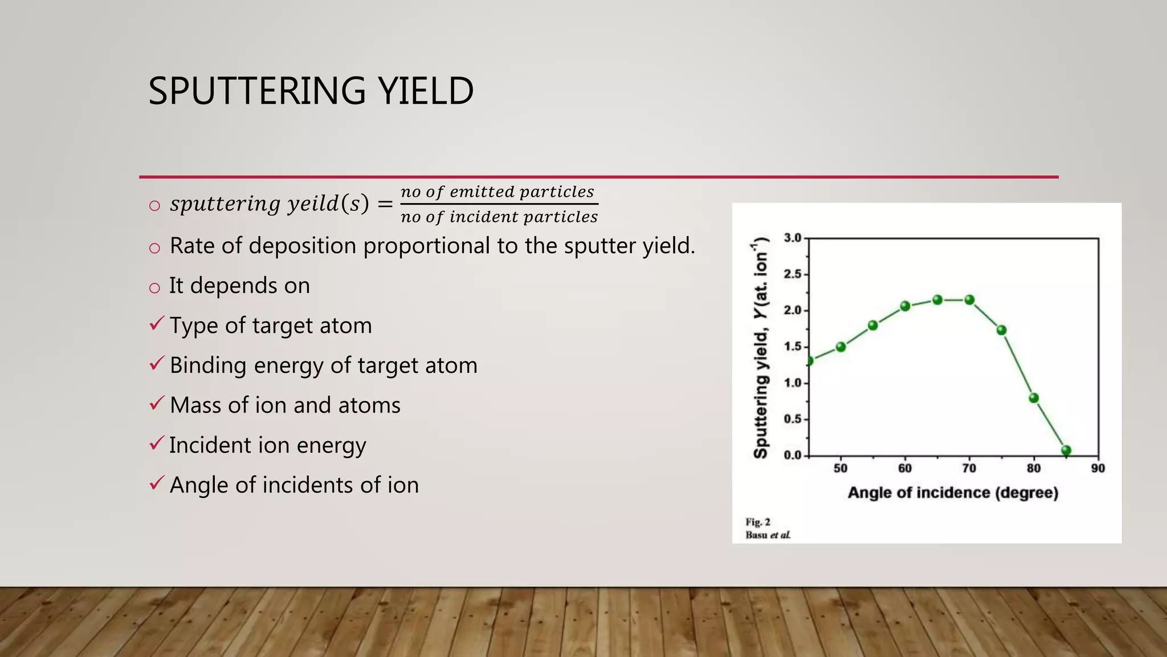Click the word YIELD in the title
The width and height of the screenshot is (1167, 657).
coord(426,91)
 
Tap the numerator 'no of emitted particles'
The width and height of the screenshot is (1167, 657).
coord(497,192)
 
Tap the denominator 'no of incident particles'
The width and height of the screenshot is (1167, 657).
coord(499,217)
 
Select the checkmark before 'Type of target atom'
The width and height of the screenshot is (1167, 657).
coord(157,324)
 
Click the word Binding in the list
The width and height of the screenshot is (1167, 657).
coord(208,366)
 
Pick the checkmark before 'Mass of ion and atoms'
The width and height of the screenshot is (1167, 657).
coord(157,404)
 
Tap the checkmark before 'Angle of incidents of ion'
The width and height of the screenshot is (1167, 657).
coord(157,484)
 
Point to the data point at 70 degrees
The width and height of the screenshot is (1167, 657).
coord(969,300)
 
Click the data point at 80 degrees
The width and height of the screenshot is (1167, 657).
coord(1034,398)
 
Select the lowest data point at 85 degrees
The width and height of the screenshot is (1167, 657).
coord(1066,450)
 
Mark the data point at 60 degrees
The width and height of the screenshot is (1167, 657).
coord(905,306)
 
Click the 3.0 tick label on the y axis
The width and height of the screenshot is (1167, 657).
coord(793,238)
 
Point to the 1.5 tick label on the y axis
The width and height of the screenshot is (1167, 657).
coord(793,347)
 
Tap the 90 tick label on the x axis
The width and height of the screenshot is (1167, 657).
coord(1098,469)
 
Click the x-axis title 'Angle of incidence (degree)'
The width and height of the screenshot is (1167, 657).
coord(953,493)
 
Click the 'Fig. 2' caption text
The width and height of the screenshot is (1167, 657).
coord(758,522)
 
